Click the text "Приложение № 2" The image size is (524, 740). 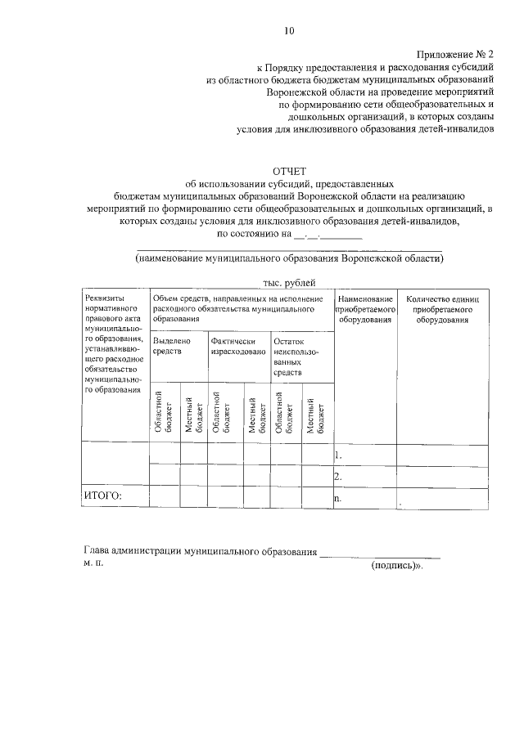(x=454, y=53)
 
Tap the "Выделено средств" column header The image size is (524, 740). (x=172, y=346)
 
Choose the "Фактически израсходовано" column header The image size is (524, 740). (x=237, y=346)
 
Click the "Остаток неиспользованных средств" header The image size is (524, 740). (x=296, y=357)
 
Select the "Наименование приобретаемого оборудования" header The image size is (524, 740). (x=365, y=310)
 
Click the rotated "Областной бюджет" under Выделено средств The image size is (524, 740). (x=163, y=412)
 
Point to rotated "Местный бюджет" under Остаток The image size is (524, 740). (x=315, y=414)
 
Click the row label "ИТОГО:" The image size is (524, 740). (x=102, y=496)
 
